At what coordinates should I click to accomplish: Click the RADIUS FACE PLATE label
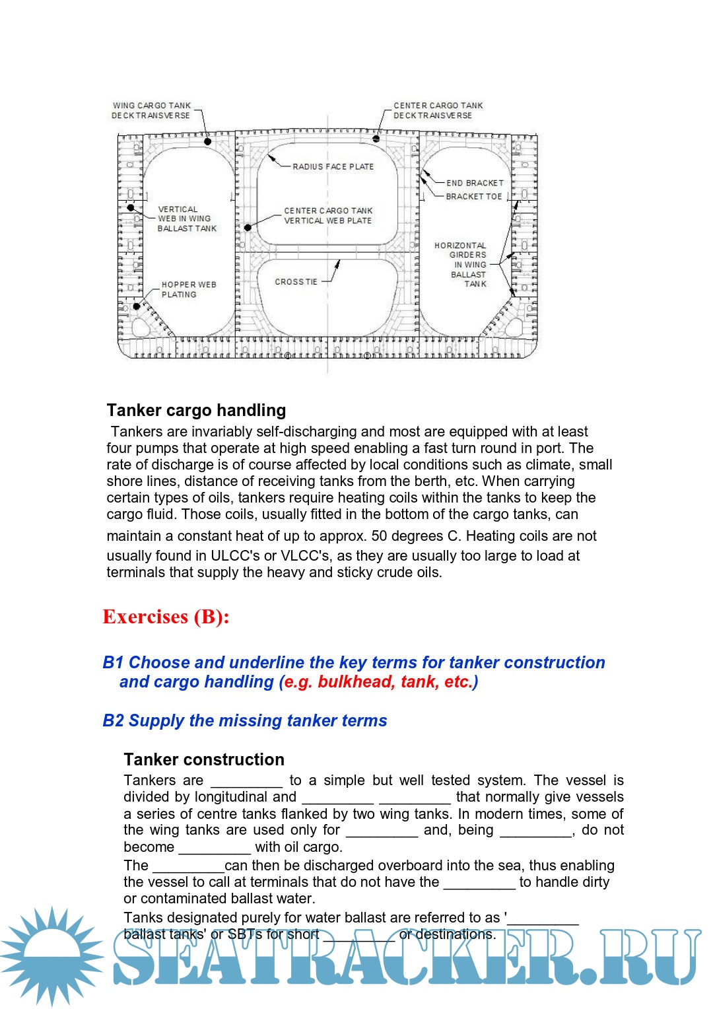pos(333,167)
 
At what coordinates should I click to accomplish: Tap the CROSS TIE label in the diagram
pos(296,282)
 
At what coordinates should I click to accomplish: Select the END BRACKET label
pos(475,183)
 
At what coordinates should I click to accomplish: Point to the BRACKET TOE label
pos(473,197)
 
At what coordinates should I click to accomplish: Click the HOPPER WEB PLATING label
pos(188,290)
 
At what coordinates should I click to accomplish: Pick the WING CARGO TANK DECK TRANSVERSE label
pos(151,110)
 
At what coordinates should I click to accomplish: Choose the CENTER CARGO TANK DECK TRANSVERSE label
pos(438,110)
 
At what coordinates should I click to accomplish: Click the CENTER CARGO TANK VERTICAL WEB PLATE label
pos(328,216)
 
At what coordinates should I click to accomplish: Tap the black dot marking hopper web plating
pos(137,306)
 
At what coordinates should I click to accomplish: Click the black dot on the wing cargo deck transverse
pos(207,141)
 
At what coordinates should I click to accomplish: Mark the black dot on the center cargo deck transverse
pos(376,139)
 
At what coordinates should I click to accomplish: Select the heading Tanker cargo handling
pos(196,411)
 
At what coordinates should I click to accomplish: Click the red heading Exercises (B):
pos(166,617)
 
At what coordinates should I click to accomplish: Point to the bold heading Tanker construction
pos(203,759)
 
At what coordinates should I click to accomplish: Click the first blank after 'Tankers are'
pos(246,781)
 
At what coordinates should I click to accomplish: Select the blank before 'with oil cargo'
pos(214,848)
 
